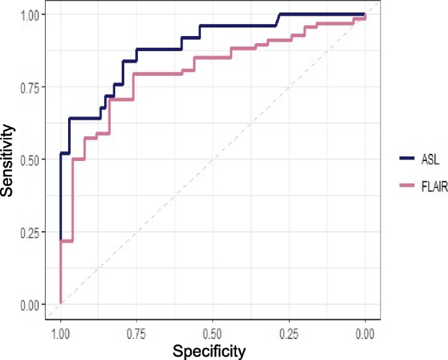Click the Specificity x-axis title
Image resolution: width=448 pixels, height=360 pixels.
pos(209,351)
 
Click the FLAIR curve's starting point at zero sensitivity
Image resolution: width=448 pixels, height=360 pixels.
pos(61,304)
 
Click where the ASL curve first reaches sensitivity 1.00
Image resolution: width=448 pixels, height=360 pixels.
pos(279,14)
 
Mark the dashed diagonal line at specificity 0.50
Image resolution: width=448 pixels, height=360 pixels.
pos(213,159)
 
